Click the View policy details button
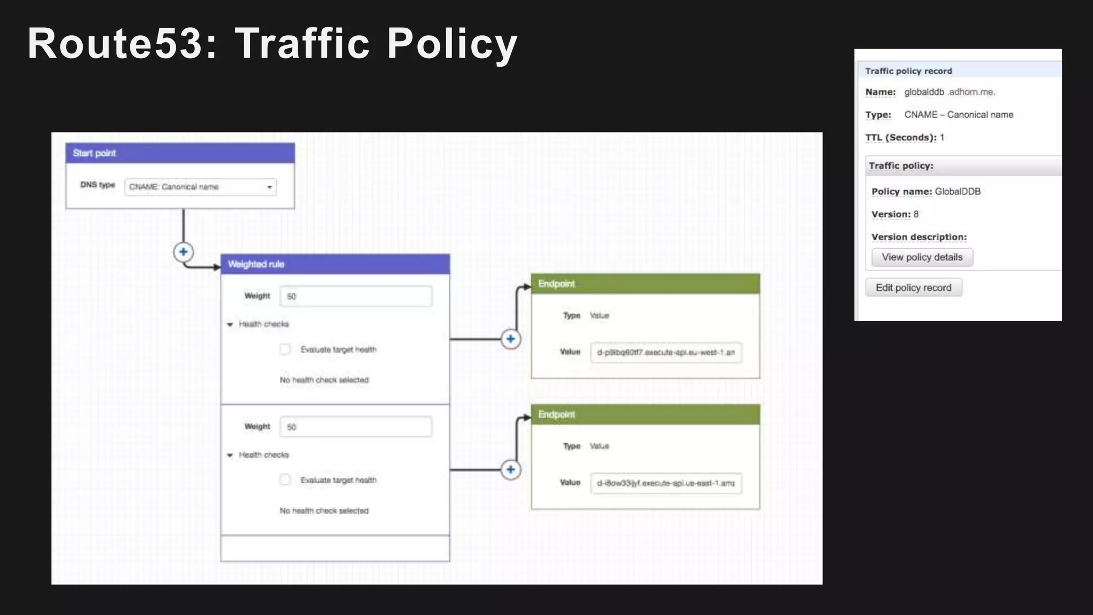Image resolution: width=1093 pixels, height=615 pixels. pos(922,257)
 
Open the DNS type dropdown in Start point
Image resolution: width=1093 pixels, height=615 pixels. pos(201,187)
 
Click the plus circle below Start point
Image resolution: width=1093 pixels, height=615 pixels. pos(183,252)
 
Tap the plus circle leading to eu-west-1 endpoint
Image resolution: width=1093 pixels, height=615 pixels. pos(511,339)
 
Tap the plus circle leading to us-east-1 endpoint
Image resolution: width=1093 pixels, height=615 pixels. pos(511,470)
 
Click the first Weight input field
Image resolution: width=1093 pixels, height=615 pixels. pos(356,296)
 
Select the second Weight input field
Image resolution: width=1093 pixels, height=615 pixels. pos(356,427)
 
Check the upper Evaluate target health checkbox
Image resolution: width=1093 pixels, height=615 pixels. pos(285,350)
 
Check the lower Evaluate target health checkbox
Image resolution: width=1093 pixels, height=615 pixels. pos(285,480)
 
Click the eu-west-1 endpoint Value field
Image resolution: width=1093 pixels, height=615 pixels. pos(666,352)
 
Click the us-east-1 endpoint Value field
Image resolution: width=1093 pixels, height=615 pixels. pos(666,483)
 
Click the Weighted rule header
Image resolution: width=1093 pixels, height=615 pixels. pos(335,264)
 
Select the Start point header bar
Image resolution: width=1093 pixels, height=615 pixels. pos(180,153)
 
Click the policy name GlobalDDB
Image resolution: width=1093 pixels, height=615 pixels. pos(957,192)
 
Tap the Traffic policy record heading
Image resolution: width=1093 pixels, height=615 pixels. pos(908,71)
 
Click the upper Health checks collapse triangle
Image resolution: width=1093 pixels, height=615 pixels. pos(230,325)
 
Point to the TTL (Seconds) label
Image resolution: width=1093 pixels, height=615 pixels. pos(900,138)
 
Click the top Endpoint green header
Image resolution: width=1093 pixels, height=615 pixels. pos(645,284)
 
